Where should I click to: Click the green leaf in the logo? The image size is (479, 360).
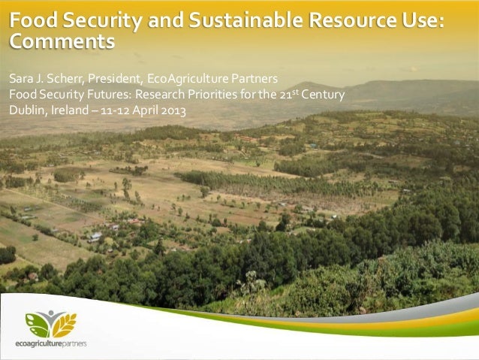pyautogui.click(x=37, y=324)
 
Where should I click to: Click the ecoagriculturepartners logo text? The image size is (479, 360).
pyautogui.click(x=51, y=343)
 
